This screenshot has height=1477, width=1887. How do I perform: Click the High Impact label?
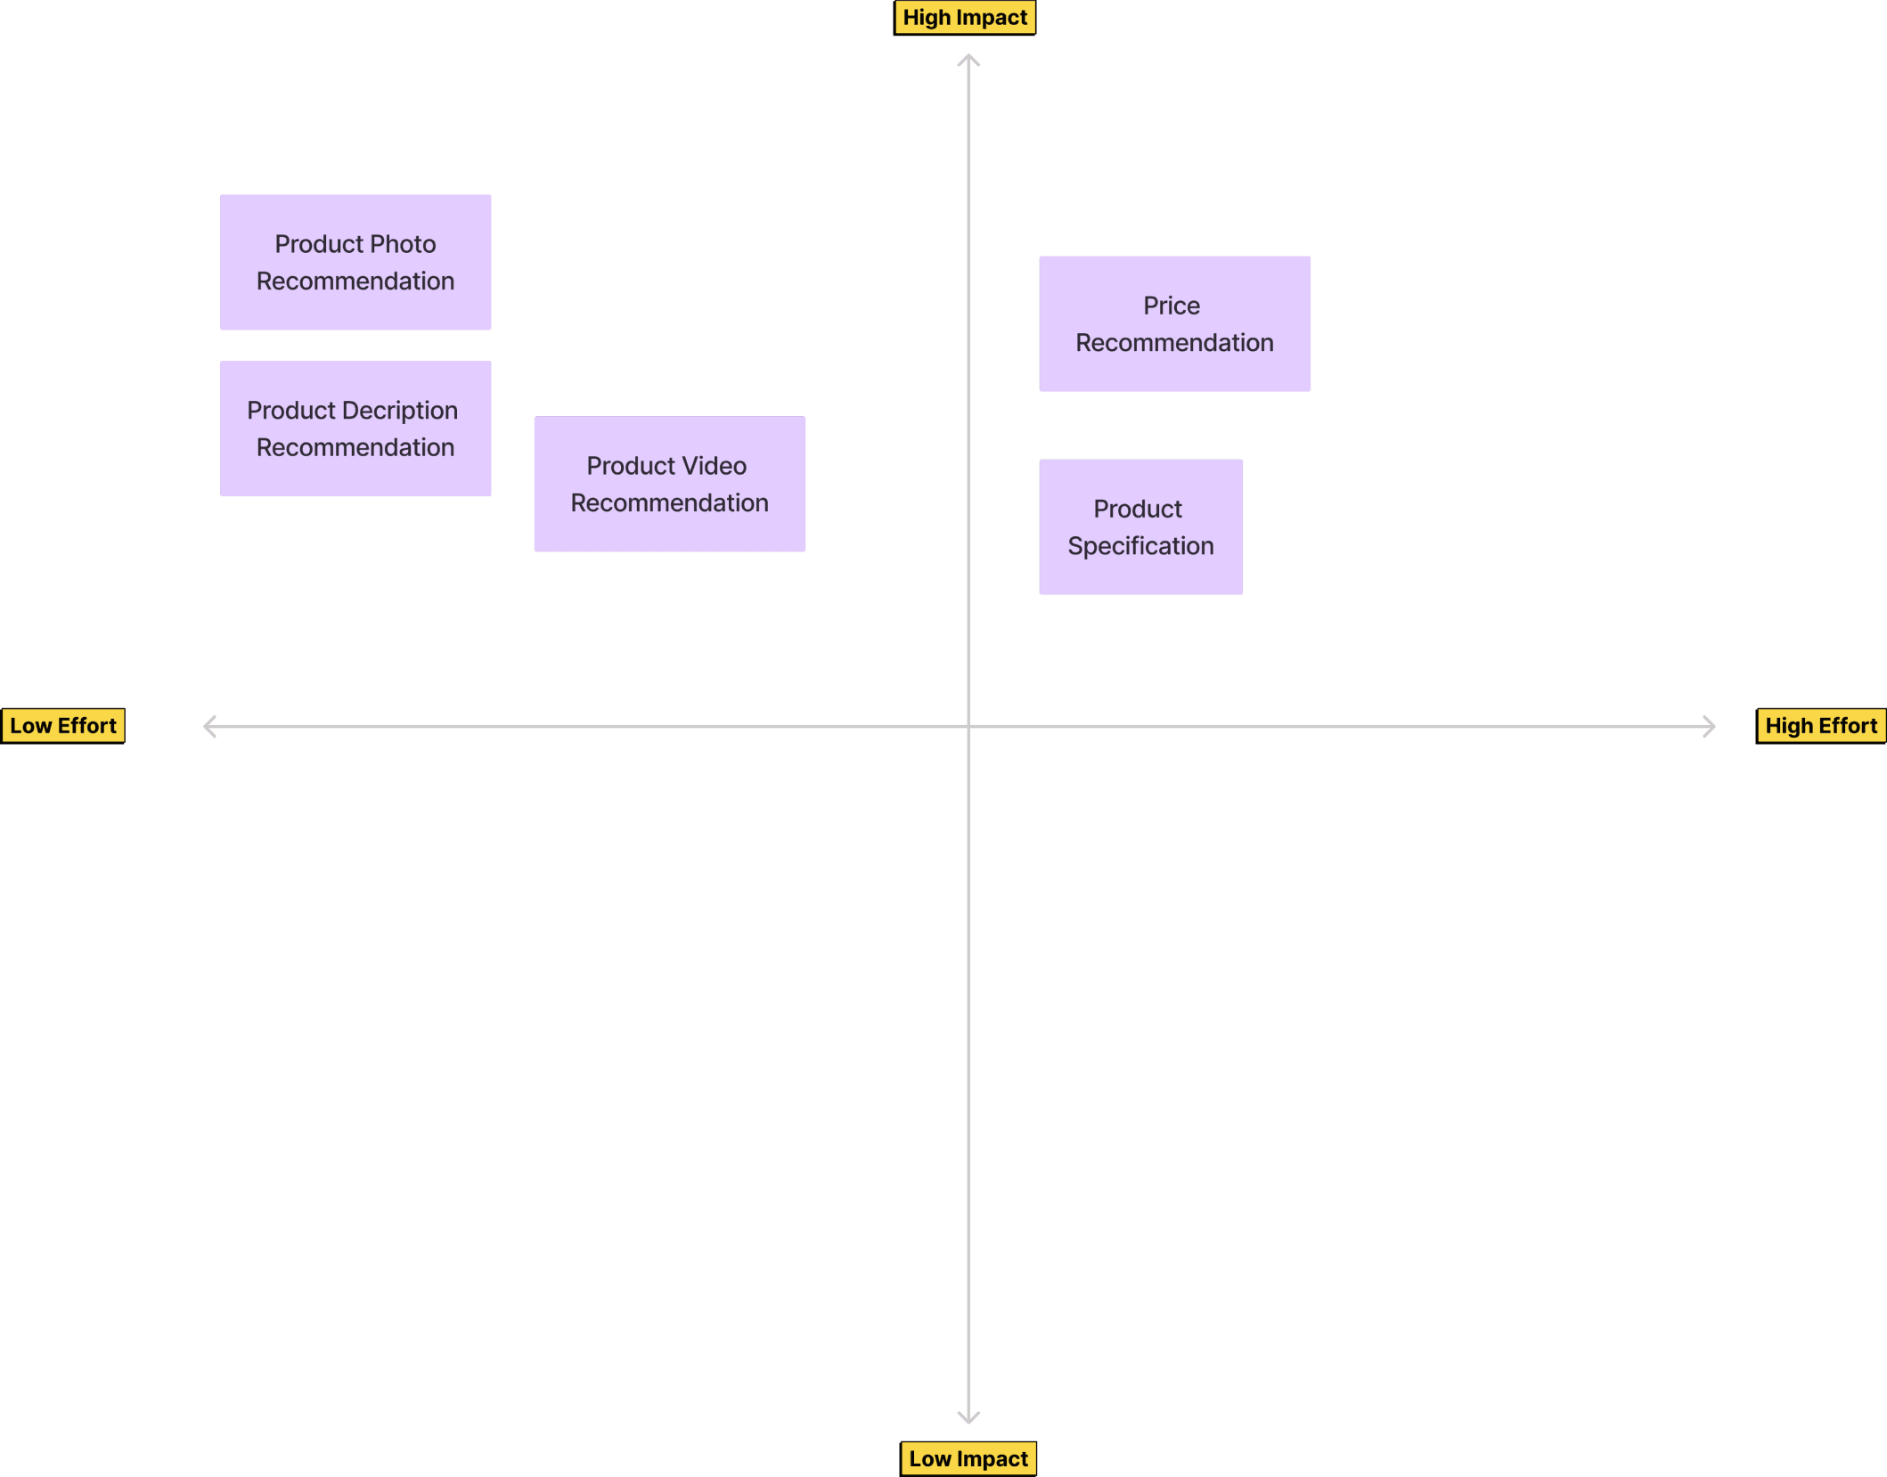(x=965, y=18)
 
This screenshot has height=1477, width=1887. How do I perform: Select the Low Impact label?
(x=968, y=1459)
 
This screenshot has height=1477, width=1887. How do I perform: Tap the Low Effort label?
(x=63, y=726)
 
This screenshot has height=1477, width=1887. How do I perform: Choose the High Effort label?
(x=1821, y=726)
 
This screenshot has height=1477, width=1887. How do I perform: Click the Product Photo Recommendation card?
(x=355, y=263)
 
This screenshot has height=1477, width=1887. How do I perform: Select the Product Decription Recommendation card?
(x=355, y=428)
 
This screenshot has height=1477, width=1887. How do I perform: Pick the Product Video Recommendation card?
(x=669, y=484)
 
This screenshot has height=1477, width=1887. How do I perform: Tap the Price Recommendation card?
(x=1174, y=323)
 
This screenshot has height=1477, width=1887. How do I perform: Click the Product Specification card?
(x=1140, y=526)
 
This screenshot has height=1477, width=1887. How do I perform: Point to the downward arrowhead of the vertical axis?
(x=968, y=1417)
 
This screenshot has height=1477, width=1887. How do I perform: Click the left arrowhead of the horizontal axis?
(x=208, y=726)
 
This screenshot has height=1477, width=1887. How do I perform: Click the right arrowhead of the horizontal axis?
(x=1710, y=726)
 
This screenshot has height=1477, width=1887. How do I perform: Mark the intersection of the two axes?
(x=968, y=726)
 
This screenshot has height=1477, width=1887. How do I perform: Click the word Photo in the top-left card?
(x=403, y=244)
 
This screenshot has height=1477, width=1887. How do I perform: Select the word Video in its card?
(x=714, y=466)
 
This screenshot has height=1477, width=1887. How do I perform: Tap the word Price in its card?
(x=1172, y=306)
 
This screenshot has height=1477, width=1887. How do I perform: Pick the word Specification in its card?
(x=1140, y=546)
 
